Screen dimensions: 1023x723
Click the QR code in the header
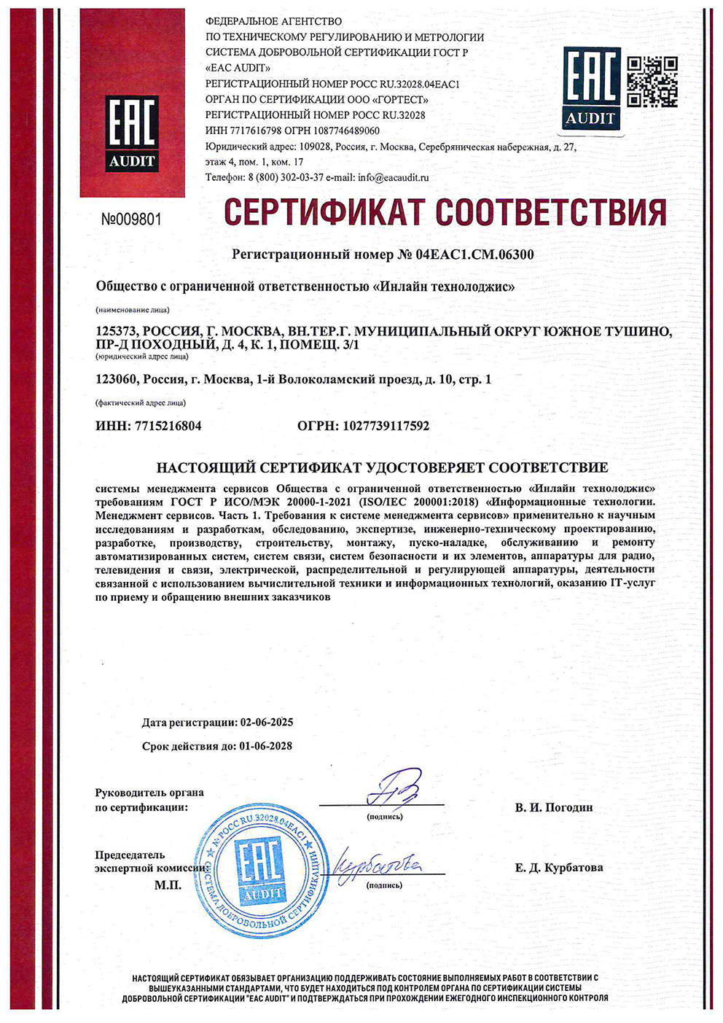(x=652, y=82)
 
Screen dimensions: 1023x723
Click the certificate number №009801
(x=131, y=219)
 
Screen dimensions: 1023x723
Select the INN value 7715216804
(x=168, y=426)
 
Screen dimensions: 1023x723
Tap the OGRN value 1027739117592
(x=386, y=426)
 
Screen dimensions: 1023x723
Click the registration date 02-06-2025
(x=267, y=723)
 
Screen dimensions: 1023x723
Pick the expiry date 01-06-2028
(x=265, y=746)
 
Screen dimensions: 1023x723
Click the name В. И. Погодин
(x=554, y=807)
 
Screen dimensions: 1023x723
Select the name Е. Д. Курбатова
(x=559, y=868)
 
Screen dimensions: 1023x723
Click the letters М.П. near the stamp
(x=168, y=885)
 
